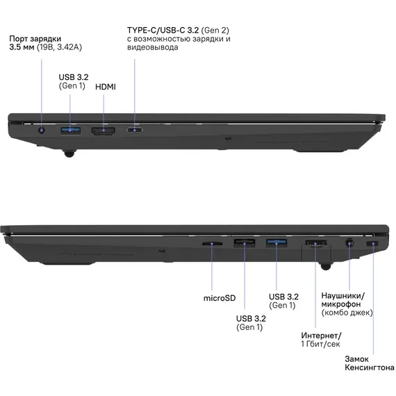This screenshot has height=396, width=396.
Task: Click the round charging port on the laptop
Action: click(42, 131)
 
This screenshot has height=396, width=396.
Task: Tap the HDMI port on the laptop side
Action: click(104, 131)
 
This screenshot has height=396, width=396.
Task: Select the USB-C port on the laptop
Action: click(134, 131)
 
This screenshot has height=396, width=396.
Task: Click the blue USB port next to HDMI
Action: click(70, 131)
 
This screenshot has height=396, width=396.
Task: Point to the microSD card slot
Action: click(212, 244)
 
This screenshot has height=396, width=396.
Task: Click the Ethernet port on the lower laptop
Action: click(315, 244)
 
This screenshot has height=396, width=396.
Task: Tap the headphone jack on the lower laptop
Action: click(349, 244)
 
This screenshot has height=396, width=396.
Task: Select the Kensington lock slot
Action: click(372, 244)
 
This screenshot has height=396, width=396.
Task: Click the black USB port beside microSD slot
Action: click(245, 243)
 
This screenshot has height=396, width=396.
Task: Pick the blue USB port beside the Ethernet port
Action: click(277, 243)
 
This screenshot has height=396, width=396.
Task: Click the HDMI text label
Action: click(106, 87)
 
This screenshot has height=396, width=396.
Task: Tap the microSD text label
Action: click(220, 298)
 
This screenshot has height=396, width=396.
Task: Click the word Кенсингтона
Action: click(370, 368)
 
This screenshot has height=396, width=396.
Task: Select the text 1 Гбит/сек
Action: click(320, 344)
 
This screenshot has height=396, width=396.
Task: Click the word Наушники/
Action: click(343, 295)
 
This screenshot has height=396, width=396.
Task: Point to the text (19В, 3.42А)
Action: click(59, 47)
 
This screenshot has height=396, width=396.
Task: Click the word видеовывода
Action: click(153, 47)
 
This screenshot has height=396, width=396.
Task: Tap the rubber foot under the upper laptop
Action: click(69, 153)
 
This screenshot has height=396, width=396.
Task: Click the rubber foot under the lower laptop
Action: click(326, 267)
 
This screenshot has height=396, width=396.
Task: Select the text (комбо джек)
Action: click(347, 313)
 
